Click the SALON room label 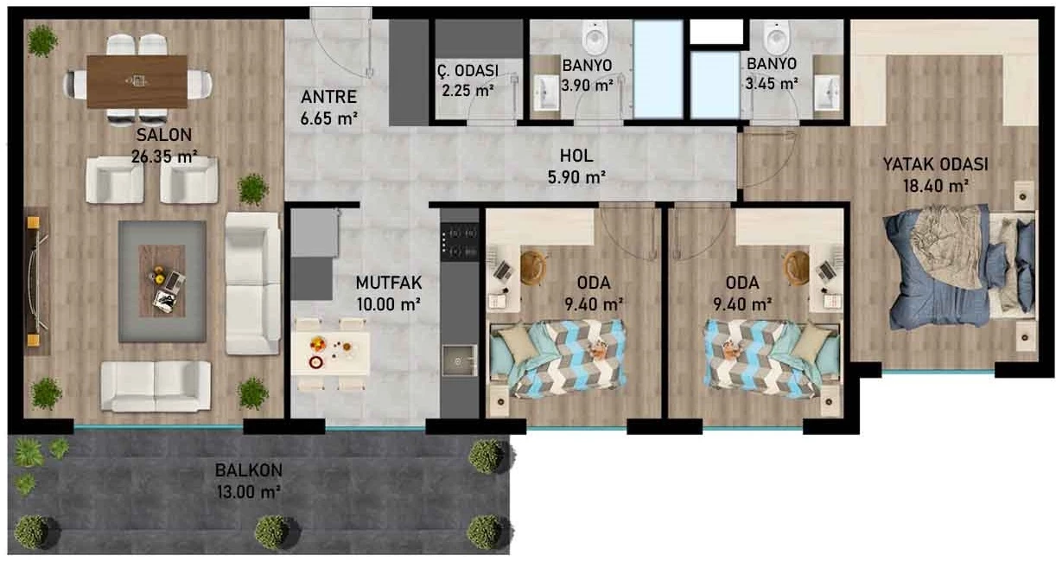point(164,136)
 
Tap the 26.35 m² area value point(164,156)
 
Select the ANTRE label point(328,97)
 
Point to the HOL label point(576,156)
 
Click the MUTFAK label point(389,283)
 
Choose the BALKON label point(248,470)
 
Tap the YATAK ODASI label point(935,164)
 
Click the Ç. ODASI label point(468,71)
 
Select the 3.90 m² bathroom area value point(587,86)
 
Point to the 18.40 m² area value point(936,187)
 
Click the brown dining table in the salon point(137,81)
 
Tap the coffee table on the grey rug point(162,281)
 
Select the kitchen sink point(459,361)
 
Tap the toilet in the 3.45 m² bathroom point(777,35)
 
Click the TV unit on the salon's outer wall point(37,281)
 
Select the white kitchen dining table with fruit point(330,354)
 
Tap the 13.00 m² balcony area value point(248,492)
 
